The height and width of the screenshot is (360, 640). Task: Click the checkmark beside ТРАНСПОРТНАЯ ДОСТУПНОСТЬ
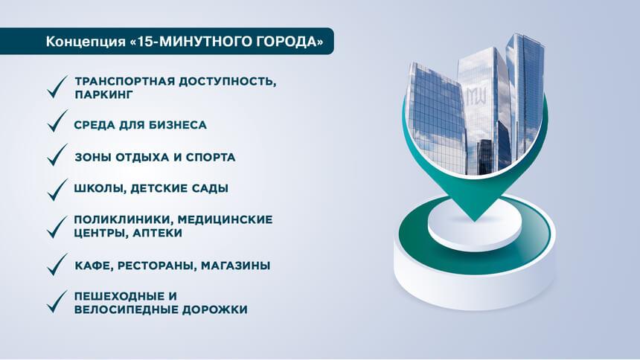pos(57,87)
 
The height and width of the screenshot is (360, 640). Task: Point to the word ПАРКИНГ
pos(104,94)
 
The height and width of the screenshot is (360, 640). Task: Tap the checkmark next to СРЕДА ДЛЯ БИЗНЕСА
pos(57,120)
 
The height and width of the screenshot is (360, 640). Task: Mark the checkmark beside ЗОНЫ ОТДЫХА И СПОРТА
pos(57,155)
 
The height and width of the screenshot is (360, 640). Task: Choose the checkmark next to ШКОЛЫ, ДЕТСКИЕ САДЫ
pos(57,190)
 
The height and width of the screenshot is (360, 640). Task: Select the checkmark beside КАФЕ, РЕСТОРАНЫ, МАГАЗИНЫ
pos(57,265)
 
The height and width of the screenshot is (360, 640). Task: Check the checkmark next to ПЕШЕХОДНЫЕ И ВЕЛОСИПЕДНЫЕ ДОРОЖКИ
pos(57,302)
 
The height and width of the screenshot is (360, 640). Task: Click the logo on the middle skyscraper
pos(476,95)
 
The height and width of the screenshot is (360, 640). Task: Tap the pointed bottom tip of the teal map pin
pos(474,221)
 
